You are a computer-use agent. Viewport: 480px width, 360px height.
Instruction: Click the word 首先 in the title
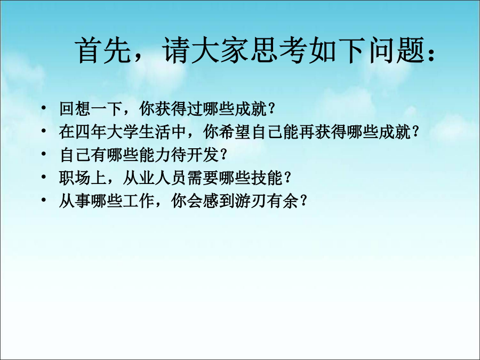pos(103,51)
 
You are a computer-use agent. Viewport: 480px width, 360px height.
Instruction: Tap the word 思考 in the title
pos(278,51)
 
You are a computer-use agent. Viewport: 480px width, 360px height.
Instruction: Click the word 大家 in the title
pos(220,51)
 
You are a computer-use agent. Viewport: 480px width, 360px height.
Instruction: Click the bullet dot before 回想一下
pos(44,108)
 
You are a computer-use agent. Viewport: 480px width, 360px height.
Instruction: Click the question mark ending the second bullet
pos(415,132)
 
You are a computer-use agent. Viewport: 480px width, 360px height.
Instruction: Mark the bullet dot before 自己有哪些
pos(44,154)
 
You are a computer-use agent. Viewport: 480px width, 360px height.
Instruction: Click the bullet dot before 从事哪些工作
pos(44,200)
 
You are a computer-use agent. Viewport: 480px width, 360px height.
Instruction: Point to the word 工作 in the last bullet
pos(138,201)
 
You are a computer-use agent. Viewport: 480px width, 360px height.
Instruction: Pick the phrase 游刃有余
pos(266,201)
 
